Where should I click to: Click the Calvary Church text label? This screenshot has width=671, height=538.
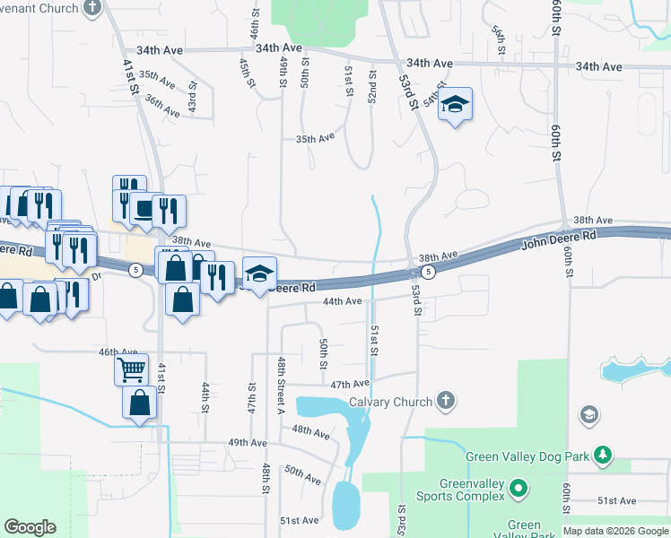tap(390, 402)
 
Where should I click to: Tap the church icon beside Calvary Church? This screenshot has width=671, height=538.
tap(446, 402)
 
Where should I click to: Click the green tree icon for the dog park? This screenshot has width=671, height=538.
tap(606, 456)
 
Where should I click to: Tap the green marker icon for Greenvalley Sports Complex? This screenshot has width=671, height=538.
tap(518, 489)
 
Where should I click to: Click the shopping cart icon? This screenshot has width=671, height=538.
tap(131, 368)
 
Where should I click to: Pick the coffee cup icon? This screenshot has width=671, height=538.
tap(143, 209)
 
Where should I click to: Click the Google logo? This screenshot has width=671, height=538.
tap(30, 527)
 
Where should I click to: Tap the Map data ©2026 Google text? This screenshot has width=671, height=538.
tap(615, 531)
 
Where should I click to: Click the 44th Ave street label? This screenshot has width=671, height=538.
tap(342, 301)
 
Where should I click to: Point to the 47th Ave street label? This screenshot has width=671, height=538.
tap(350, 384)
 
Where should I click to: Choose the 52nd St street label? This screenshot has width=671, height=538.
tap(371, 83)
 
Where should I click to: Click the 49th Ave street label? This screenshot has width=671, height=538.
tap(247, 443)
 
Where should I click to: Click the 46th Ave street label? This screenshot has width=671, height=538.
tap(118, 353)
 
